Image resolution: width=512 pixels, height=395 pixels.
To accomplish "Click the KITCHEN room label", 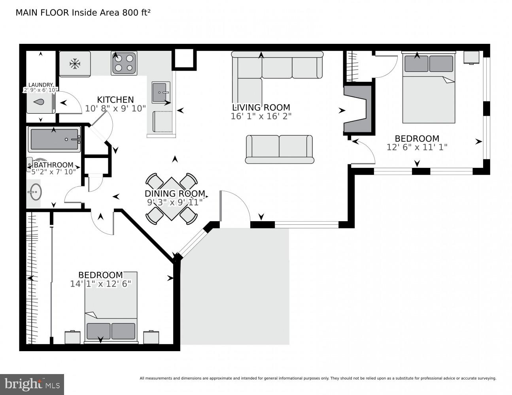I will pos(115,100).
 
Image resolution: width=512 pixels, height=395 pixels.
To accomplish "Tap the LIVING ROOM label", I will pos(261,107).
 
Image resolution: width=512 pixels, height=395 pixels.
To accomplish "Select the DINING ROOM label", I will pos(175,194).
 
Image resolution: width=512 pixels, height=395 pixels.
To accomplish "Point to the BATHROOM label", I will pos(53,165).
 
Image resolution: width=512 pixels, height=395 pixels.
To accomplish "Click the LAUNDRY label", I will pos(40,85).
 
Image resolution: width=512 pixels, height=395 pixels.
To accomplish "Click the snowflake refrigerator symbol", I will pos(75,63).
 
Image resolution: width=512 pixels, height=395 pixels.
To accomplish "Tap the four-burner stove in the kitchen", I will pos(124,63).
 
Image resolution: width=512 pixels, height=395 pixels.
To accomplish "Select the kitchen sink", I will pos(161,92).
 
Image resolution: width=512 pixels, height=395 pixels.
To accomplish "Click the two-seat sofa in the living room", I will pos(280,149).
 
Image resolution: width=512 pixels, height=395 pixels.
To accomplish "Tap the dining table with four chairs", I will pos(172,199).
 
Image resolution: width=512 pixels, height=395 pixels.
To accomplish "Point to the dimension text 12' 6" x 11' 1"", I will pos(417,147).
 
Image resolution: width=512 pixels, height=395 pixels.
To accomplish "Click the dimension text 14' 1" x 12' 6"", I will pos(100,284).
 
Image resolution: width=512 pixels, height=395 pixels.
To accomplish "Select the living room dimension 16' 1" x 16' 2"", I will pos(261,116).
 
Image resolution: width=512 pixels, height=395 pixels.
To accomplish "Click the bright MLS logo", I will pos(32,384).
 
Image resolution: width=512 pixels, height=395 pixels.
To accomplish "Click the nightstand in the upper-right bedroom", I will pos(472,57).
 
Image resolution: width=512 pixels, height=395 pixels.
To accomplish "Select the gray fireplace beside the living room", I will pos(358,109).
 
